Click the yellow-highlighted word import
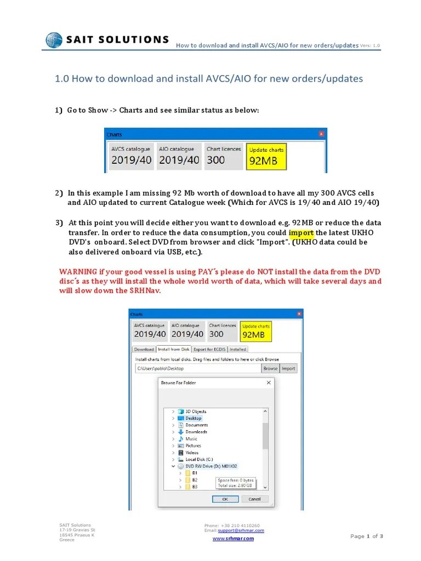(x=301, y=232)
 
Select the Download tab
(x=144, y=349)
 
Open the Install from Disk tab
(x=173, y=349)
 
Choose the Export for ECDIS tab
(x=209, y=349)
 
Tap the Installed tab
(x=238, y=349)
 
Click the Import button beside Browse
(x=288, y=369)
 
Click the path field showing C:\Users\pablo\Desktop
(x=197, y=369)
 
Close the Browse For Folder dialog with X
(x=268, y=382)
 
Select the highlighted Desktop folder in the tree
(x=194, y=418)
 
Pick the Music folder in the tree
(x=191, y=439)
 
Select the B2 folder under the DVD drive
(x=195, y=479)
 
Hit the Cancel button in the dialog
(x=254, y=499)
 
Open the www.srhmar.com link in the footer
(x=233, y=539)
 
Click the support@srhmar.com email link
(x=241, y=530)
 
